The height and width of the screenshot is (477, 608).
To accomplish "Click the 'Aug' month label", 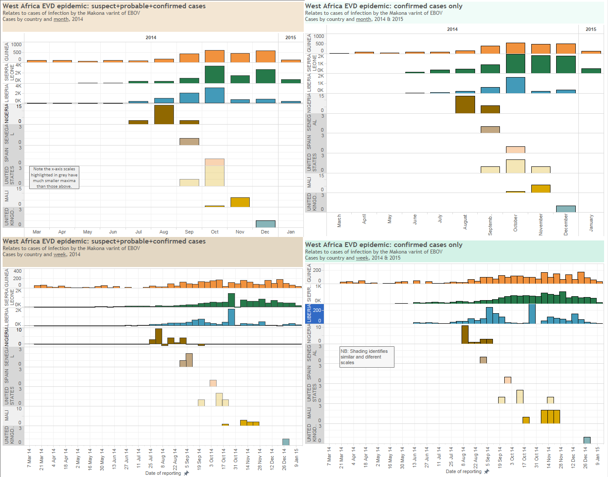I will click(x=164, y=232).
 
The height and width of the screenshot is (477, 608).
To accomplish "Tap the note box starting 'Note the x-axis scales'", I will click(x=54, y=177).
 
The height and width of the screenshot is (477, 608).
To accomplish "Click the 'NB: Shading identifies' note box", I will click(x=367, y=357).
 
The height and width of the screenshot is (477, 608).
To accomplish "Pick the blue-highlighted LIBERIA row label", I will click(x=309, y=314).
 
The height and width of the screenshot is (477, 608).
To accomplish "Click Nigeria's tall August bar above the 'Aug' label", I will click(x=164, y=115).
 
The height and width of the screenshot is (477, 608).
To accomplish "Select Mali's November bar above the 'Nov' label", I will click(x=240, y=202).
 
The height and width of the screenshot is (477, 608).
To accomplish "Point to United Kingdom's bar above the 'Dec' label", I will click(x=265, y=224).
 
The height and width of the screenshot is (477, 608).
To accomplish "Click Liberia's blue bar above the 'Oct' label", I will click(x=214, y=95).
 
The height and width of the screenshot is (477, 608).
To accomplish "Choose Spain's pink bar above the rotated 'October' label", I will click(x=516, y=150).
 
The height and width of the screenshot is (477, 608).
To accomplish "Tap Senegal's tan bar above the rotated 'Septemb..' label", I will click(x=490, y=129).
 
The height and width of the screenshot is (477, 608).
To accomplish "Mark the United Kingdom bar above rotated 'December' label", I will click(x=566, y=209).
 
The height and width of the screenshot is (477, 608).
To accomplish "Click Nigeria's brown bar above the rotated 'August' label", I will click(x=465, y=105).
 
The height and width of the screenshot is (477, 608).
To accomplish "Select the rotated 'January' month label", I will click(x=591, y=223).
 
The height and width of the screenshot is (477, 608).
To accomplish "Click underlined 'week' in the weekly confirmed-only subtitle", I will click(x=362, y=258).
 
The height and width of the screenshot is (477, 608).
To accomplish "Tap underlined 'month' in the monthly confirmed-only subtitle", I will click(x=363, y=19).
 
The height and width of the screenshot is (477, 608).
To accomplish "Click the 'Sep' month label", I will click(x=189, y=232).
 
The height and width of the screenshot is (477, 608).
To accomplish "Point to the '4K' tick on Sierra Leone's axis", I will click(x=18, y=65).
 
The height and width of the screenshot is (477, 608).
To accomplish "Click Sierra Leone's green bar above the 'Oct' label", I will click(x=214, y=74).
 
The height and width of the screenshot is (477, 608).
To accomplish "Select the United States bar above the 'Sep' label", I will click(x=189, y=183).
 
